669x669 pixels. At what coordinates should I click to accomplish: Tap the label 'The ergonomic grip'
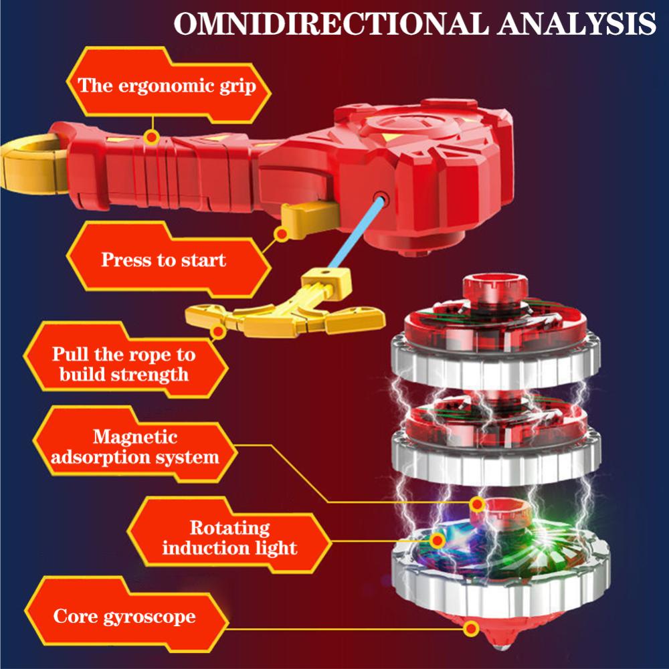point(167,86)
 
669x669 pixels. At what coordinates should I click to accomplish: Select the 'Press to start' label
point(163,260)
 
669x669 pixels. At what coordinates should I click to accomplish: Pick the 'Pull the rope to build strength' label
point(124,364)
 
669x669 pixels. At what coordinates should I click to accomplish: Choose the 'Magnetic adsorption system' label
point(135,447)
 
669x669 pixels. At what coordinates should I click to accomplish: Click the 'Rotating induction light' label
point(229,538)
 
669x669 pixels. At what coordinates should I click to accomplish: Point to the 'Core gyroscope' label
point(124,616)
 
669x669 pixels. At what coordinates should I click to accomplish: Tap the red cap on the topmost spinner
point(495,288)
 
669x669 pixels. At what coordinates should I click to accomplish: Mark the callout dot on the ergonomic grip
point(151,137)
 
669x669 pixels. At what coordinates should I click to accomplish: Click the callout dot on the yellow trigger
point(282,233)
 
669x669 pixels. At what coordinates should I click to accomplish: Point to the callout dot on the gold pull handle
point(218,331)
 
